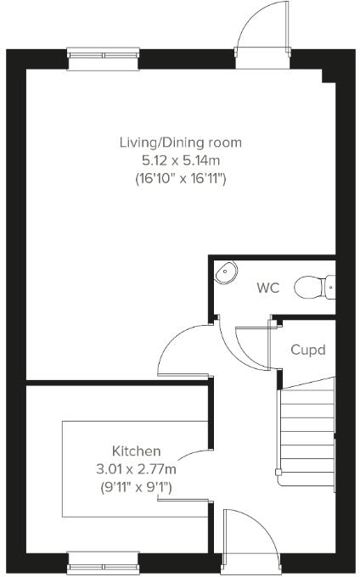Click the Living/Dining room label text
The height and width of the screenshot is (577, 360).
coord(179,141)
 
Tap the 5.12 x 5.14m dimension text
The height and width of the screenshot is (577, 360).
coord(179,160)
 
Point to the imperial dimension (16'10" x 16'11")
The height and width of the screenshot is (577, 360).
coord(179,179)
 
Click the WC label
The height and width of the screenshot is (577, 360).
coord(268,288)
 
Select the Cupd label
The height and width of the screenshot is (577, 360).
coord(307,350)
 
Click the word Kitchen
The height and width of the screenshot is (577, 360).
coord(136,451)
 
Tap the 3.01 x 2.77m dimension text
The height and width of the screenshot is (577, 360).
coord(136,468)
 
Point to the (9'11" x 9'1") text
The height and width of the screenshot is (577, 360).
coord(136,487)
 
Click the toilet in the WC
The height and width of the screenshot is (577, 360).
coord(313,288)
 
